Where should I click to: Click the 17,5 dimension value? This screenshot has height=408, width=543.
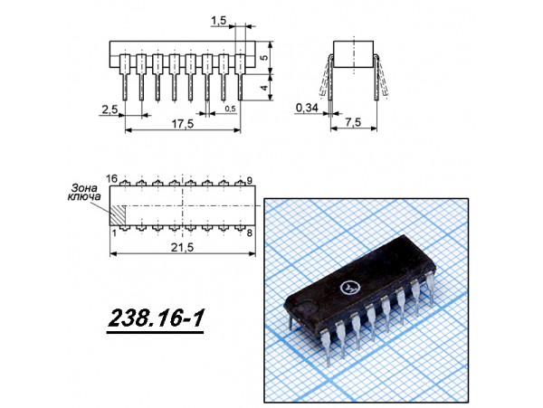tap(183, 124)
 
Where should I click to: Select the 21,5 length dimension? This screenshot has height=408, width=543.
tap(182, 247)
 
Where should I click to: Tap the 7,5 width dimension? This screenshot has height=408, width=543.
tap(353, 122)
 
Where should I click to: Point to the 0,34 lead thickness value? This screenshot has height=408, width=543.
tap(307, 108)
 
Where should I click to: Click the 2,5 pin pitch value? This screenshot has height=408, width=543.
tap(110, 109)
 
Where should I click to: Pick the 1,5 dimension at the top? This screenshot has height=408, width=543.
tap(218, 21)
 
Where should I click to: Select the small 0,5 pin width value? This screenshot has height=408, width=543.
tap(230, 109)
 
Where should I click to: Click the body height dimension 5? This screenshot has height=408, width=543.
tap(264, 57)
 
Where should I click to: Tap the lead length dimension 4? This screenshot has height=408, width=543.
tap(264, 88)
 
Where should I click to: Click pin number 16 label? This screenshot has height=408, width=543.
tap(112, 179)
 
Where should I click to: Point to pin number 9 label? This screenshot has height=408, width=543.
tap(250, 180)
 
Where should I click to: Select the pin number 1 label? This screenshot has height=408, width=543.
tap(115, 232)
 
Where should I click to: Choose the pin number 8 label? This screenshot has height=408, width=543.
tap(250, 232)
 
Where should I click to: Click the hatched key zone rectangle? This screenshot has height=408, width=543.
tap(118, 215)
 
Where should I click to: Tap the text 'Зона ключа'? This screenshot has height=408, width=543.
tap(84, 193)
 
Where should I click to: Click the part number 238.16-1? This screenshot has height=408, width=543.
tap(156, 318)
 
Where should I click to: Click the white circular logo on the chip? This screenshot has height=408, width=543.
tap(348, 287)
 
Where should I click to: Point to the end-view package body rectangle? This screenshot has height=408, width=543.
tap(354, 54)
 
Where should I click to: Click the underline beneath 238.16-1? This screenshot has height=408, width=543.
tap(155, 333)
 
